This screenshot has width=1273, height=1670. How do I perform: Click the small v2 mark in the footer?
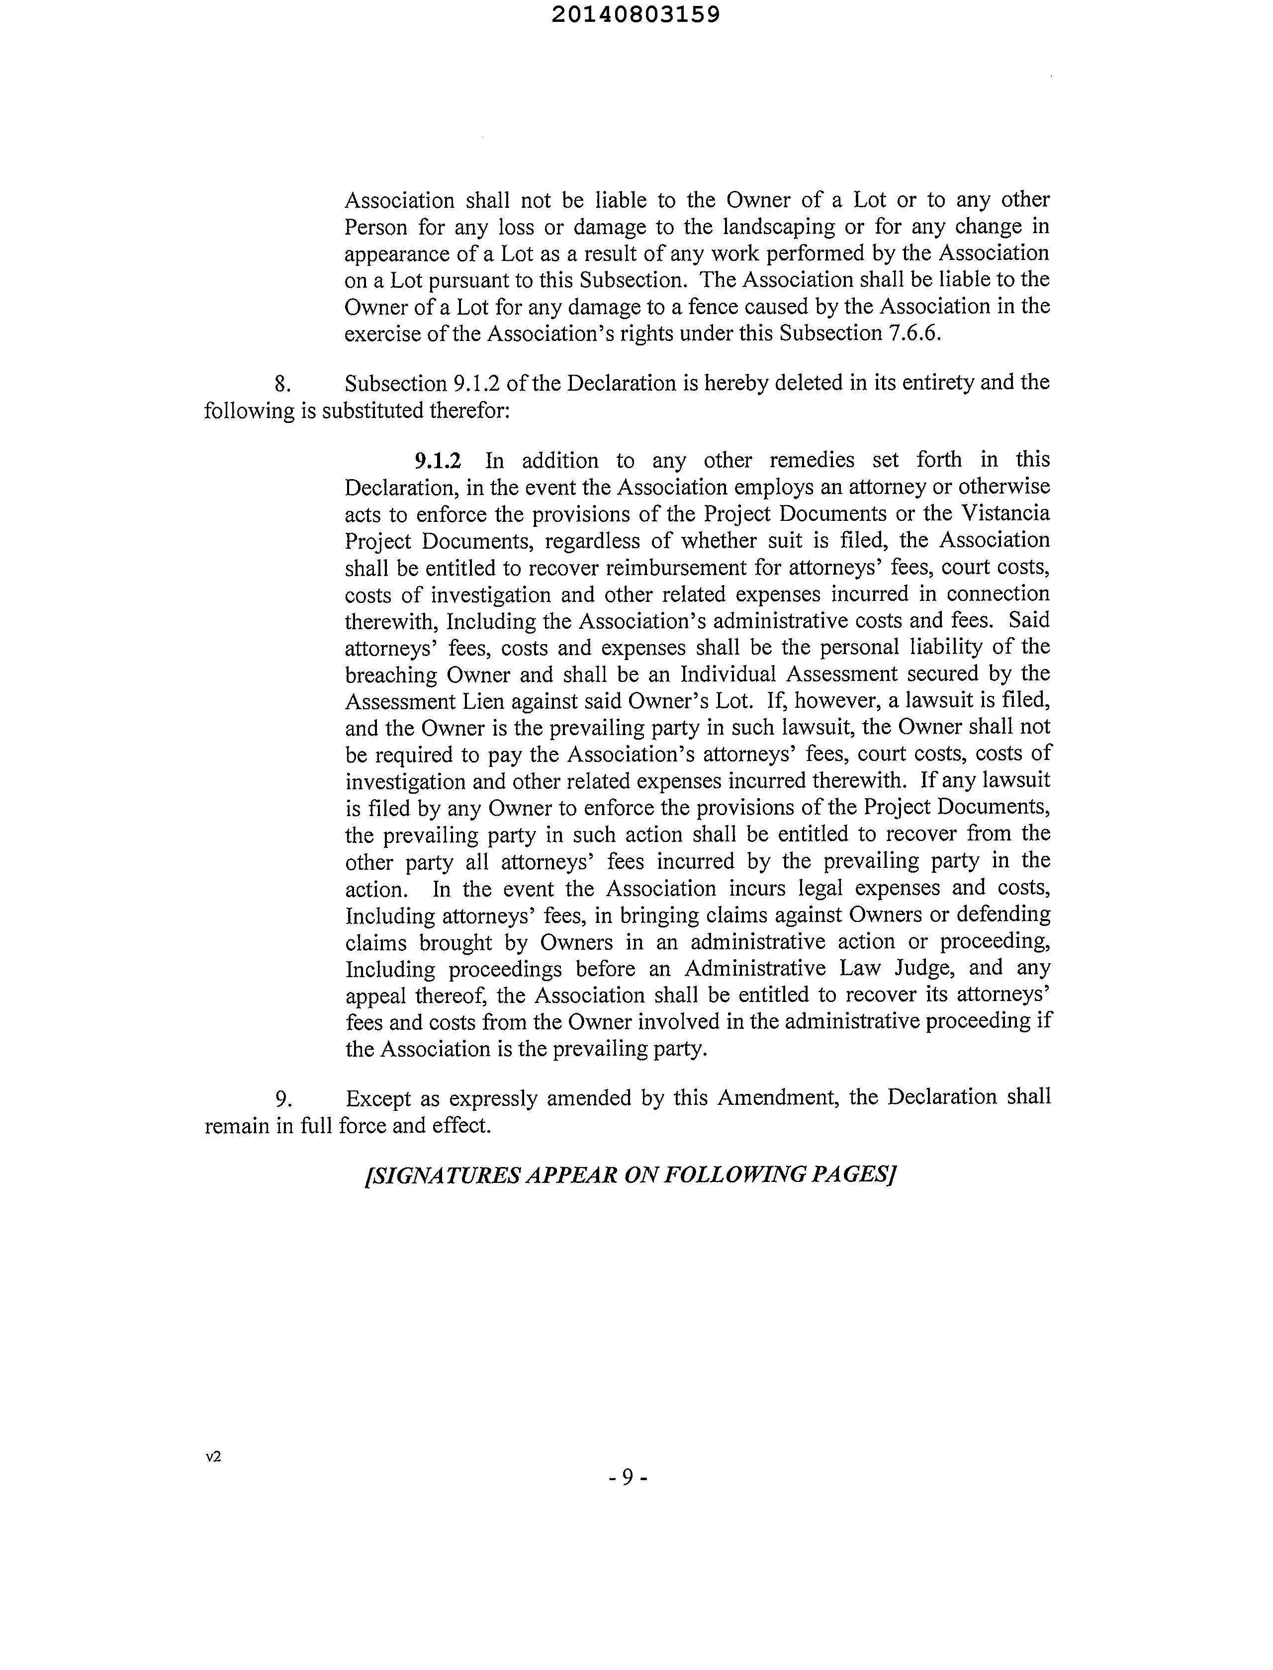pyautogui.click(x=213, y=1456)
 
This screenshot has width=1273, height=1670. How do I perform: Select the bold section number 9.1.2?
pyautogui.click(x=437, y=460)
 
